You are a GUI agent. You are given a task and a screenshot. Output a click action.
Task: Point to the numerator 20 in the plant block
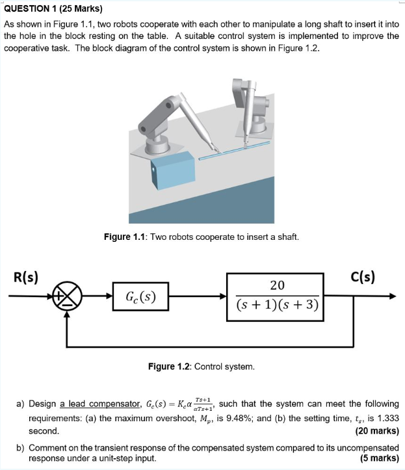(x=277, y=285)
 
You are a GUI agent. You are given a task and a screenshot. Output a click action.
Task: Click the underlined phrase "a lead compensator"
(x=98, y=404)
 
